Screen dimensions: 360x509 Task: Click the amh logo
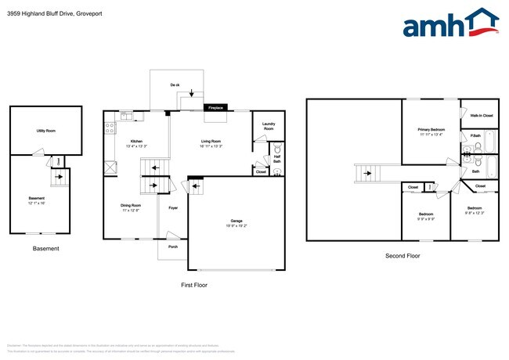pos(450,23)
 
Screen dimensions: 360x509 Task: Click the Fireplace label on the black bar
pos(215,108)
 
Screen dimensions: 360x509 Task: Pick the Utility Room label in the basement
pos(45,131)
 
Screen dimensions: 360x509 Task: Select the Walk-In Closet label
pos(482,116)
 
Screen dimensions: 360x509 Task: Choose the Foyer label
pos(172,208)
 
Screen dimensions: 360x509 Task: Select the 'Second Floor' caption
pos(403,256)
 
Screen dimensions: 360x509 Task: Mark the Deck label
pos(175,85)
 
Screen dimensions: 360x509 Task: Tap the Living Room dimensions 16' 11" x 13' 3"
pos(211,146)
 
